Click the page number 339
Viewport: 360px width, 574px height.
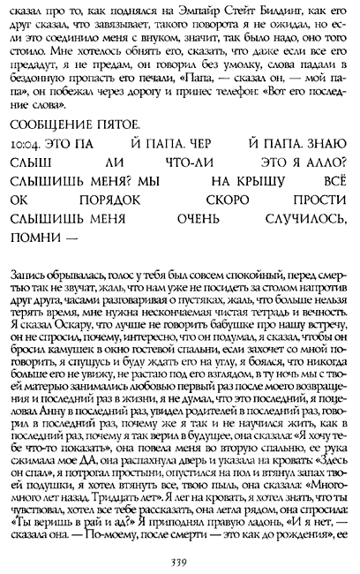click(181, 557)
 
